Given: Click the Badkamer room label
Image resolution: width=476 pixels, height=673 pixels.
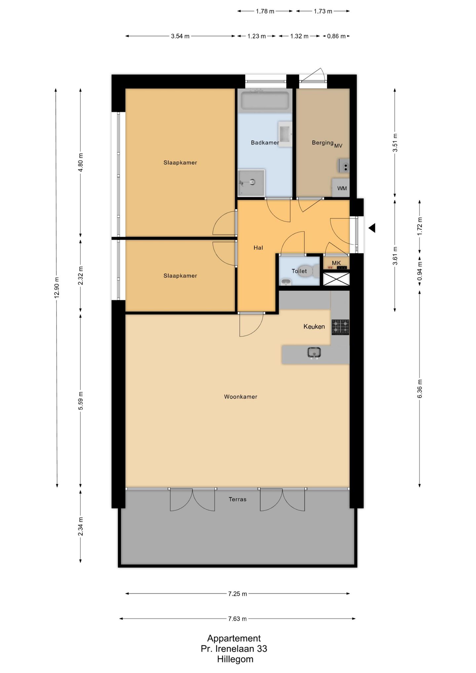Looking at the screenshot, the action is (265, 143).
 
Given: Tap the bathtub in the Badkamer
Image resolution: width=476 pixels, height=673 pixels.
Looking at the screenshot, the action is (265, 100).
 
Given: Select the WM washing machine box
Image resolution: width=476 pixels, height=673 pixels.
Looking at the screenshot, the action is (341, 188).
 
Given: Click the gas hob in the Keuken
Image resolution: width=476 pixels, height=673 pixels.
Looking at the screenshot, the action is (340, 327).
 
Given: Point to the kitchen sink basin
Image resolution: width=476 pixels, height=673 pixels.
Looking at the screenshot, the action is (314, 353).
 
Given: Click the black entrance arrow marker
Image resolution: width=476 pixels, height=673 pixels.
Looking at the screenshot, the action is (372, 228).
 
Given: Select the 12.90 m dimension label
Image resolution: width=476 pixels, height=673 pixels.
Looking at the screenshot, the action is (57, 286).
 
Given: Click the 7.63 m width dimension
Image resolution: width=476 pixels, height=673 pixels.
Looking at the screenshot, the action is (237, 618).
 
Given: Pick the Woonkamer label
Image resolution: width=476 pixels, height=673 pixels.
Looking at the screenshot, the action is (241, 397).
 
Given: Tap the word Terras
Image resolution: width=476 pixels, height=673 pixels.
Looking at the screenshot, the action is (238, 499).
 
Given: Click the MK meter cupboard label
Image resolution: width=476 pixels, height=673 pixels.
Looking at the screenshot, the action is (336, 263).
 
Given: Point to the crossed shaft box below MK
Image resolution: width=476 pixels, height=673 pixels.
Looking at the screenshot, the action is (336, 279).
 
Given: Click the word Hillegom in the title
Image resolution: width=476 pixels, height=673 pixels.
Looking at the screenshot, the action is (235, 659).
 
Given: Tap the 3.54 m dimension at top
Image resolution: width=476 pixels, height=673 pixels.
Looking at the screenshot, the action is (180, 36).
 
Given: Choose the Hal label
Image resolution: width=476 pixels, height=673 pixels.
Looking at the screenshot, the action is (258, 248).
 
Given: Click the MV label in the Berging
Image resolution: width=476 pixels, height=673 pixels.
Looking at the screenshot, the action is (338, 145).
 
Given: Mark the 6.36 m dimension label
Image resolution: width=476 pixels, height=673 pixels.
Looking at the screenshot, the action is (420, 389).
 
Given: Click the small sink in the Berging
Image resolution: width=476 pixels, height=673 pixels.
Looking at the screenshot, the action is (344, 166).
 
